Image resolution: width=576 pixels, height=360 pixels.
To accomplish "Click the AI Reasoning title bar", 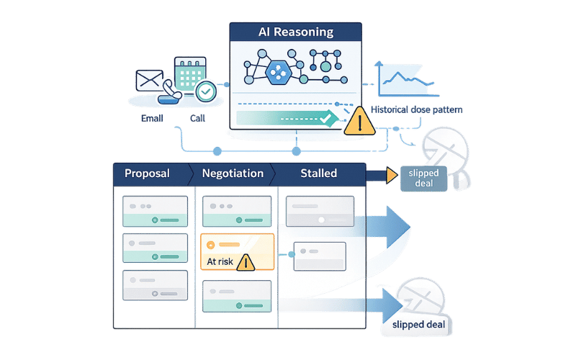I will [296, 32].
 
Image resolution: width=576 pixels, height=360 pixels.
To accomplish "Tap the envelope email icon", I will [150, 80].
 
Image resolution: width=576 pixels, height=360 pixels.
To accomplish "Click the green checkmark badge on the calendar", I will [206, 91].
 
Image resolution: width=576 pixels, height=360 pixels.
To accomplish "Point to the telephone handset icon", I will [171, 91].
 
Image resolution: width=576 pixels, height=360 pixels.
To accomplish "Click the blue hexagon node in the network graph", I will [277, 71].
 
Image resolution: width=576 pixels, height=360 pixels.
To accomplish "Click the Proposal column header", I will [147, 174].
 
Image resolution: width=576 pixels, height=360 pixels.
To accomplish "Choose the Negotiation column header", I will [233, 174].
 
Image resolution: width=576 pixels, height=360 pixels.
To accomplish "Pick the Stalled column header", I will [318, 174].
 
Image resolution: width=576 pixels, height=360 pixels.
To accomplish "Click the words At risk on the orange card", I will [220, 261].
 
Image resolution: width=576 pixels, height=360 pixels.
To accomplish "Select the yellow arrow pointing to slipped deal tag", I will [392, 176].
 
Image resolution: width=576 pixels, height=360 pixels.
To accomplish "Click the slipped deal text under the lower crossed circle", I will [419, 325].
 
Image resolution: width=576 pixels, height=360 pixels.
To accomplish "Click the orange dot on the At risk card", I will [211, 245].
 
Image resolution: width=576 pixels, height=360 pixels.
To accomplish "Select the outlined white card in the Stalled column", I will [320, 256].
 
